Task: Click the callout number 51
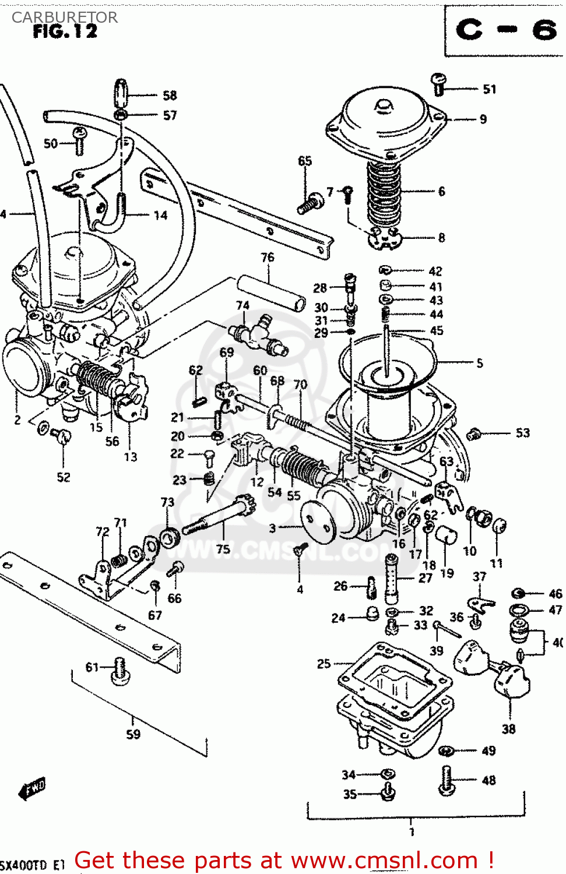pos(489,89)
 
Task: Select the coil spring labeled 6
pos(384,192)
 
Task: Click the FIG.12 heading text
pos(65,32)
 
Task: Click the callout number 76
pos(267,257)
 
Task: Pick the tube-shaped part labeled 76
pos(271,293)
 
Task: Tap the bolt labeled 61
pos(121,670)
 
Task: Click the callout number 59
pos(133,734)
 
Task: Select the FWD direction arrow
pos(32,790)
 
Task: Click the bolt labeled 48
pos(447,780)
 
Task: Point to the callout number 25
pos(324,663)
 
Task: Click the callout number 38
pos(508,728)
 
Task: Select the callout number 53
pos(522,432)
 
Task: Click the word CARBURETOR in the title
pos(65,17)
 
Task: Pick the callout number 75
pos(223,549)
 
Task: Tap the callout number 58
pos(170,95)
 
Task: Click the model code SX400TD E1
pos(32,865)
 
